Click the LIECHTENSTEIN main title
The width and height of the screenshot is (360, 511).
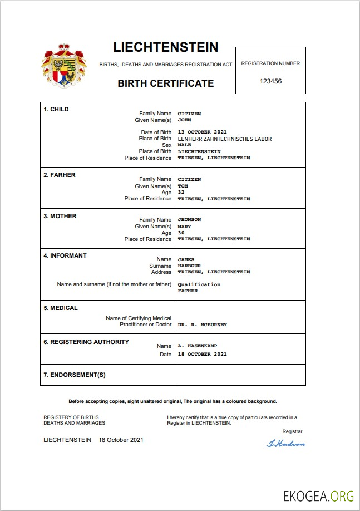coord(165,47)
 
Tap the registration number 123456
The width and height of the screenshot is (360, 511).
coord(270,81)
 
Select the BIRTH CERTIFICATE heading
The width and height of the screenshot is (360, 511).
coord(165,83)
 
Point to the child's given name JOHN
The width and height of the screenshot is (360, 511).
coord(184,120)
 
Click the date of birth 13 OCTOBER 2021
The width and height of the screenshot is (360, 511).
coord(202,132)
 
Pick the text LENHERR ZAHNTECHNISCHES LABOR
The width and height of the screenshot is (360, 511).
coord(224,139)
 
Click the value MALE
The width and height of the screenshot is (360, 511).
coord(184,145)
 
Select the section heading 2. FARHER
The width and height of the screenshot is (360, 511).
coord(60,175)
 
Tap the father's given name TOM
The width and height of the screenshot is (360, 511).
coord(183,186)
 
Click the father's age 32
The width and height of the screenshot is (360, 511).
coord(181,193)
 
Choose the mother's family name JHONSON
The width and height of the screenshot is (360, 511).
coord(189,220)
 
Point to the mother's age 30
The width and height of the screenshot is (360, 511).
coord(181,233)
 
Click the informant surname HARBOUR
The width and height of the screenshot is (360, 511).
coord(189,266)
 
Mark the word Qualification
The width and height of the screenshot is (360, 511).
coord(199,284)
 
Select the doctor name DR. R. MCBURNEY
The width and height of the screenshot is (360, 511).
coord(202,325)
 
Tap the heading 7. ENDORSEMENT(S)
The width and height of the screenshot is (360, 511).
coord(75,375)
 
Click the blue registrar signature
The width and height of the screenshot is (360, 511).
coord(286,444)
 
